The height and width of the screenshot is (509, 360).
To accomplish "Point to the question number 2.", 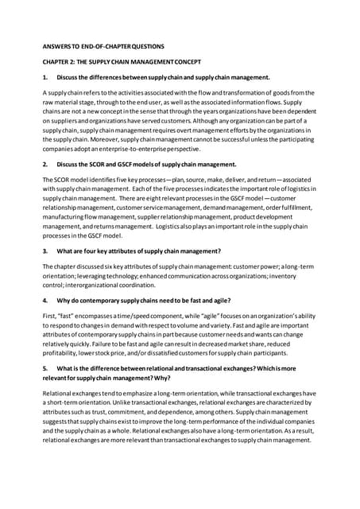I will (x=45, y=164).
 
